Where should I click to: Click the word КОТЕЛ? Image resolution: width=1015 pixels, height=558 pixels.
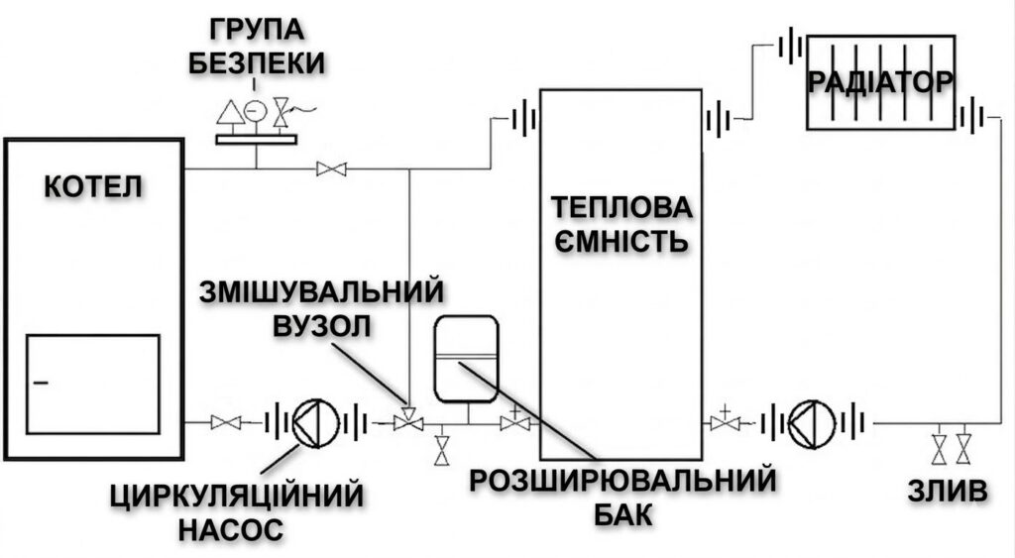[x=94, y=187]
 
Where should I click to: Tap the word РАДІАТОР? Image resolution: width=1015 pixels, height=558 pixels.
[x=881, y=82]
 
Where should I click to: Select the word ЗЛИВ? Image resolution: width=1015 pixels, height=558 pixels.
[x=948, y=492]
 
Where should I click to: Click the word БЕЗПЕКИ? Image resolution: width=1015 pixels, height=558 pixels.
[x=257, y=63]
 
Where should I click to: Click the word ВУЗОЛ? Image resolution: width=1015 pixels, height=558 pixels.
[x=322, y=326]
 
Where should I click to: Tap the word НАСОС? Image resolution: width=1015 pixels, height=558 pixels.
[x=231, y=529]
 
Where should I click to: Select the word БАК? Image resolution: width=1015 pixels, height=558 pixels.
[x=623, y=516]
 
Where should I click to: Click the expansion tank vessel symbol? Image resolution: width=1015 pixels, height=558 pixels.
[x=466, y=358]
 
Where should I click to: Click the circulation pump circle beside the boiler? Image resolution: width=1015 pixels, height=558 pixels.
[x=315, y=423]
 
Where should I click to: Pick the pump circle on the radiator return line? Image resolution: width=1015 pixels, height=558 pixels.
[x=812, y=424]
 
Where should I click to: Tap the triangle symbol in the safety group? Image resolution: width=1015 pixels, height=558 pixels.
[x=230, y=112]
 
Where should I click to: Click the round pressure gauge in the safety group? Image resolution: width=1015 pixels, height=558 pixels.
[x=257, y=111]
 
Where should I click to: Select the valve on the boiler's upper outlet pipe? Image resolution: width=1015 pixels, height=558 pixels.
[x=331, y=169]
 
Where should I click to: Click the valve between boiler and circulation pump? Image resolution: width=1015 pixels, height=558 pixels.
[x=226, y=423]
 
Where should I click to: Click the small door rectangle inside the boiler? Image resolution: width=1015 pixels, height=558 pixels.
[x=92, y=385]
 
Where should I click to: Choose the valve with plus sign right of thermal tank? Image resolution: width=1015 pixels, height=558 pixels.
[x=725, y=421]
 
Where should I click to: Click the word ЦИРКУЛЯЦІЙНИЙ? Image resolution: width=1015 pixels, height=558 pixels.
[x=236, y=496]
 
